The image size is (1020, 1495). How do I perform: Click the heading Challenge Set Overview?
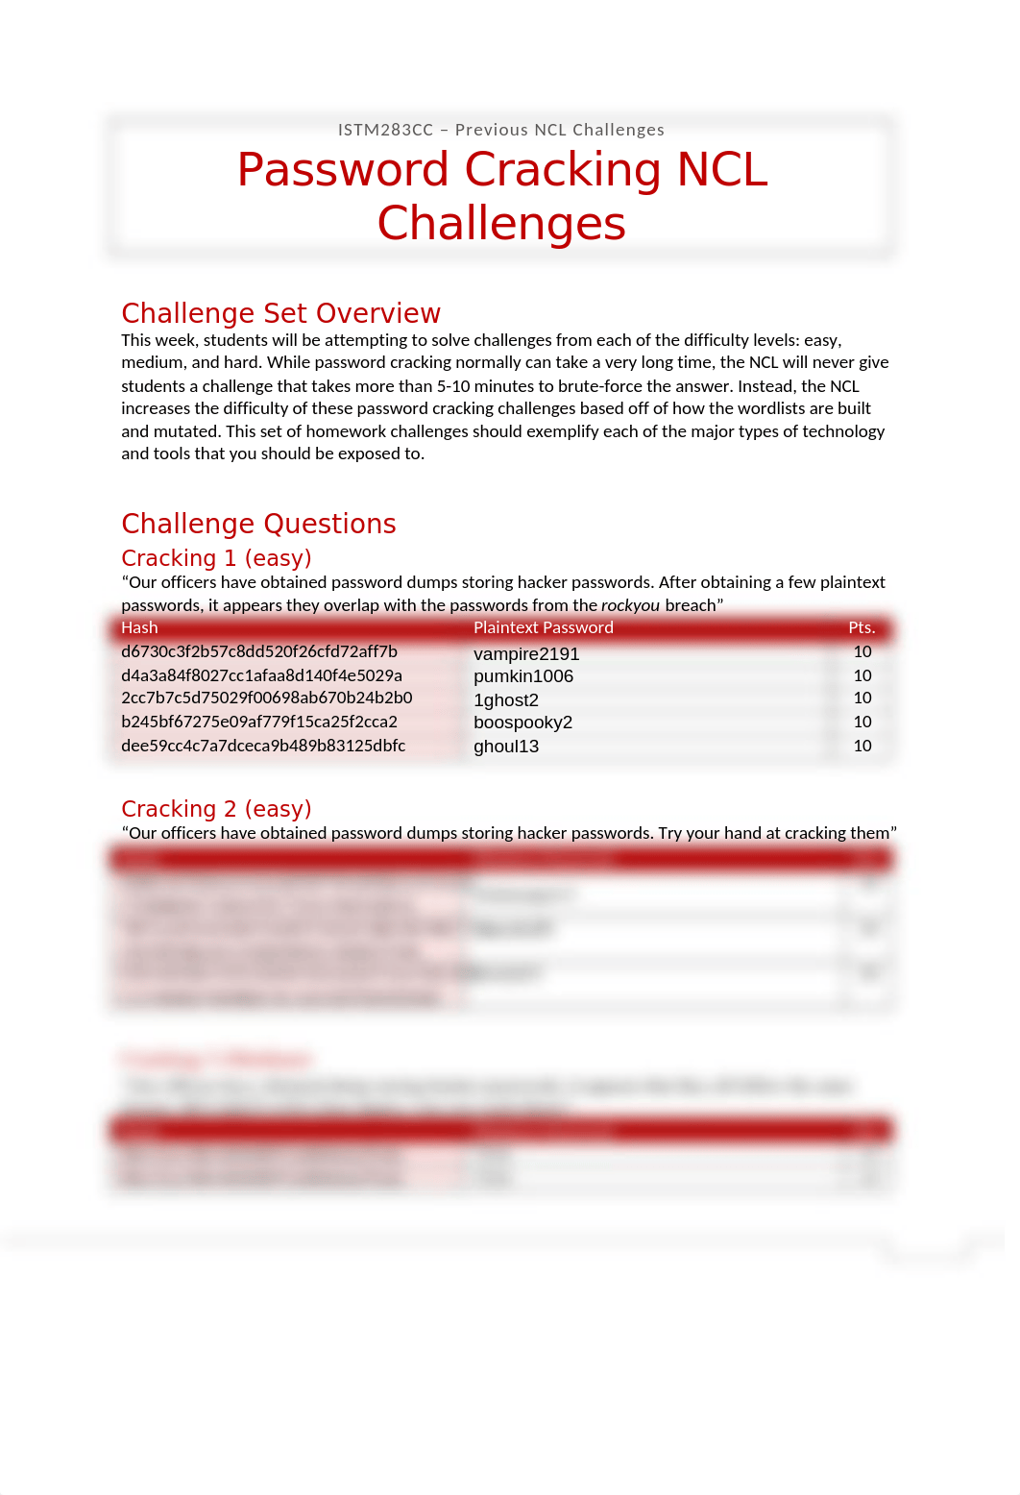click(x=280, y=313)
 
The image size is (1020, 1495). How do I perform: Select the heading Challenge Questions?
click(x=258, y=524)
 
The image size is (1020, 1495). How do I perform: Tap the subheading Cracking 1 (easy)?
click(x=216, y=558)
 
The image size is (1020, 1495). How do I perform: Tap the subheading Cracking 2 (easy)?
click(x=216, y=809)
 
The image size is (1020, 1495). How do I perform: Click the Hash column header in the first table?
click(x=139, y=627)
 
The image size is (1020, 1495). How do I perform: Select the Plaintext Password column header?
click(x=543, y=627)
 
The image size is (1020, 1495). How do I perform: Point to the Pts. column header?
click(x=862, y=627)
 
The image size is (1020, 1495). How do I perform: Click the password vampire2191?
click(x=526, y=653)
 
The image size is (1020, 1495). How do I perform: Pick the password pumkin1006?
click(x=523, y=676)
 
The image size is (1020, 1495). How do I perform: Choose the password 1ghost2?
click(x=506, y=700)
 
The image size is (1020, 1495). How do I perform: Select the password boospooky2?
click(x=522, y=723)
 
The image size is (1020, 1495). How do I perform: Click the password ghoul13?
click(x=506, y=747)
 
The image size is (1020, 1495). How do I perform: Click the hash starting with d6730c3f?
click(x=259, y=651)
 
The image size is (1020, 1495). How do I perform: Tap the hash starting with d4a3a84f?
click(x=261, y=675)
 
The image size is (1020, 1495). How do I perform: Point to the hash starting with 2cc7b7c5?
click(x=266, y=698)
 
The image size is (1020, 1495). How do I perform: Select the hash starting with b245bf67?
click(x=259, y=722)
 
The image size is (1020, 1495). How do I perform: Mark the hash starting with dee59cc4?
click(x=263, y=746)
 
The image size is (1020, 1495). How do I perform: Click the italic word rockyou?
click(x=630, y=605)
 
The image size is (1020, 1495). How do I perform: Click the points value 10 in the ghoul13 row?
click(x=862, y=746)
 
